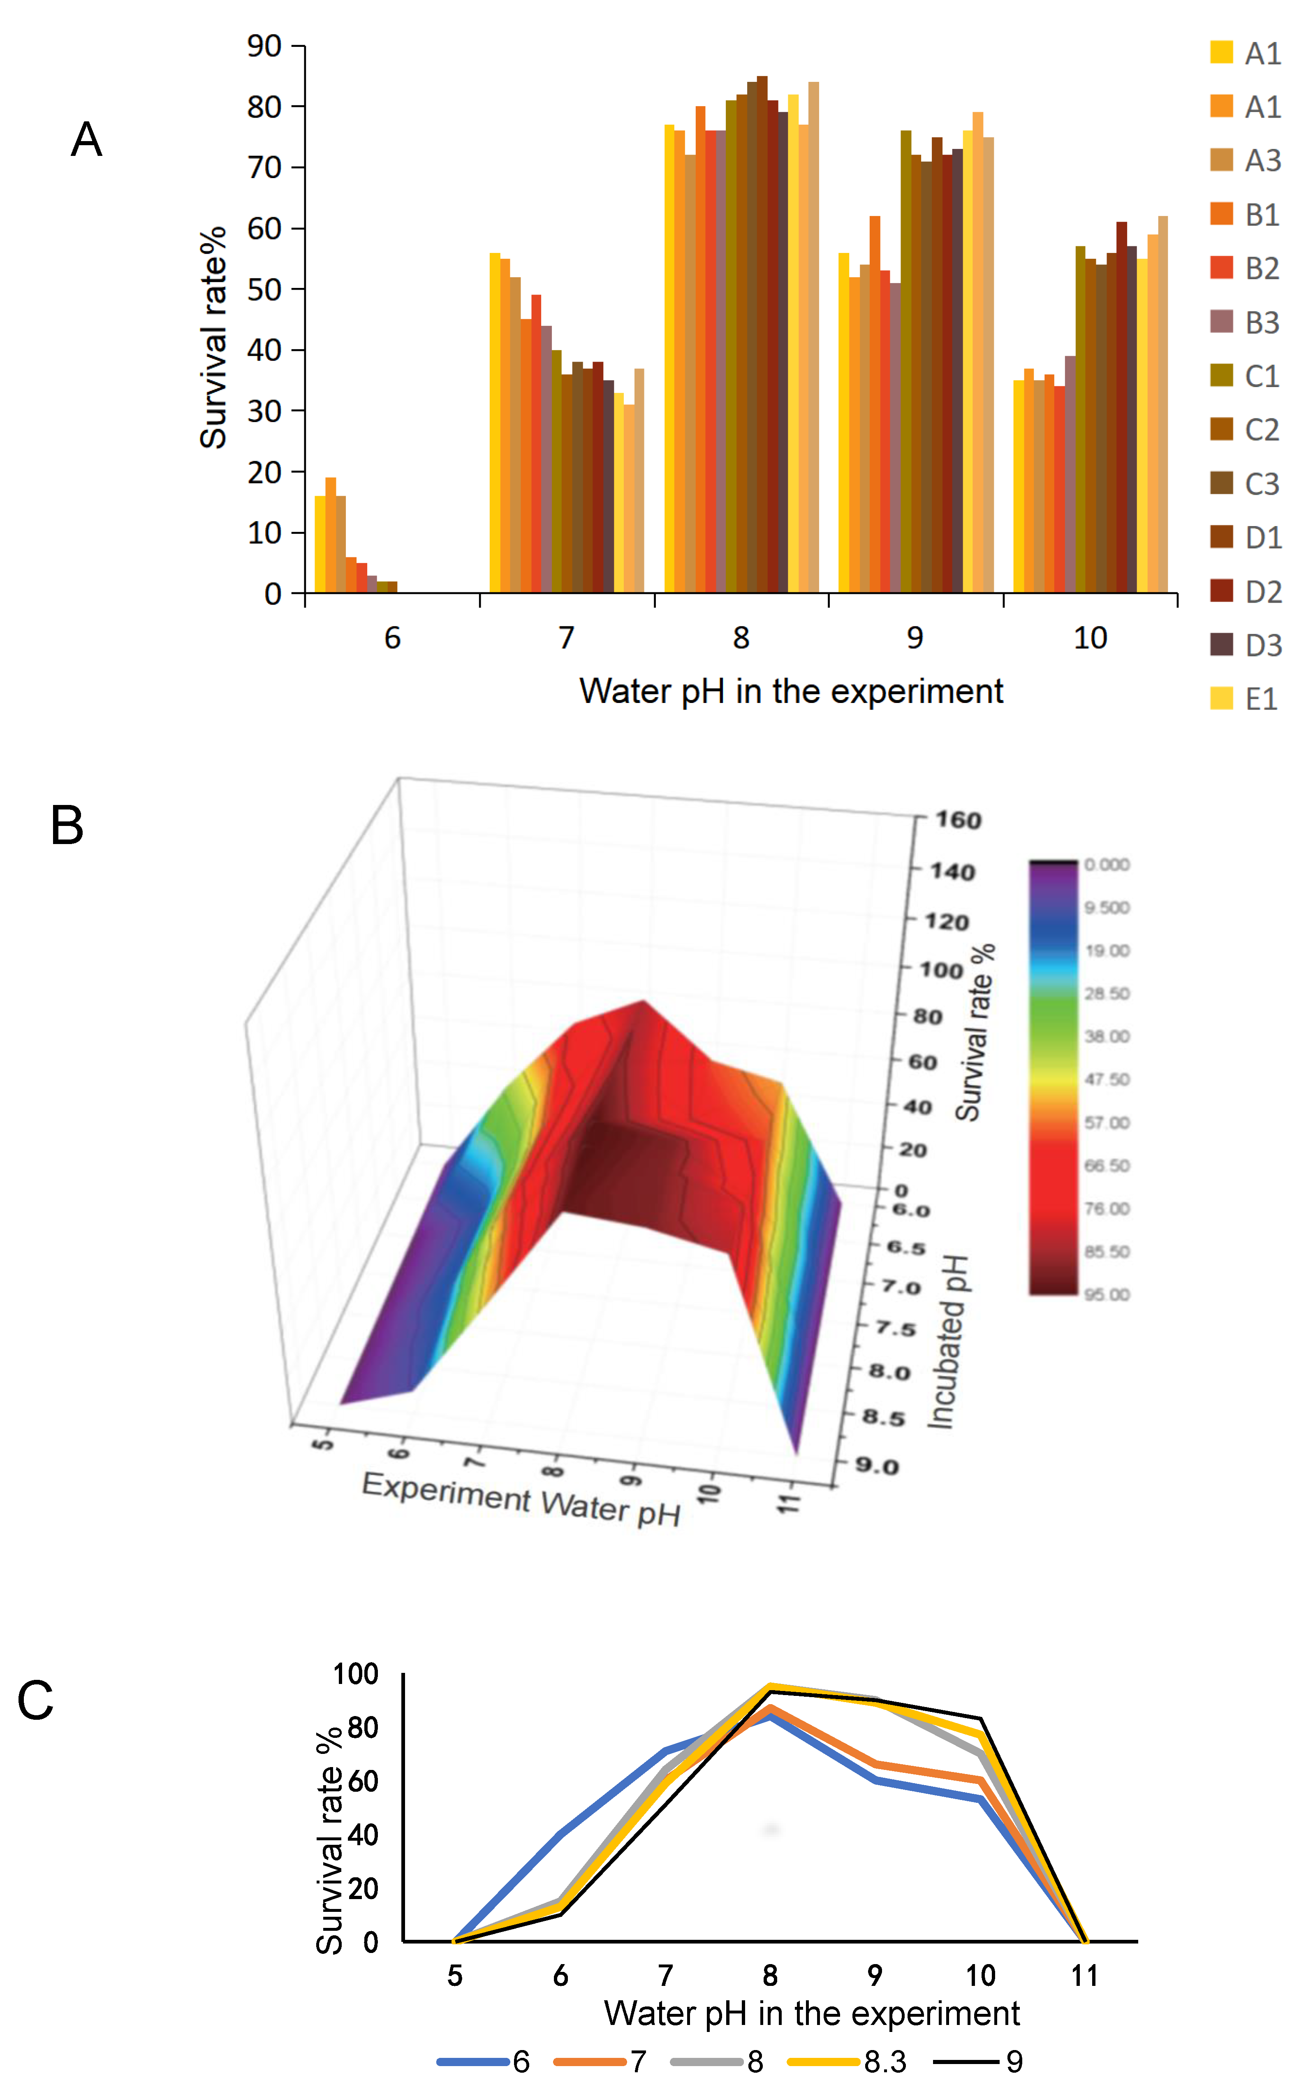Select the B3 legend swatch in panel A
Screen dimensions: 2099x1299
click(1221, 322)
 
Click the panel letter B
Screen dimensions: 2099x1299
click(67, 826)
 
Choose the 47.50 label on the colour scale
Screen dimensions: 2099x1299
click(1107, 1079)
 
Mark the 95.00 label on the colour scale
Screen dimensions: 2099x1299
click(1107, 1294)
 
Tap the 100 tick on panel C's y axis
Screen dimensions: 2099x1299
click(356, 1674)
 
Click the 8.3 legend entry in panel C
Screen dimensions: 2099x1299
click(885, 2062)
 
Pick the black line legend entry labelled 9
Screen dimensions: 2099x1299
click(1014, 2062)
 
